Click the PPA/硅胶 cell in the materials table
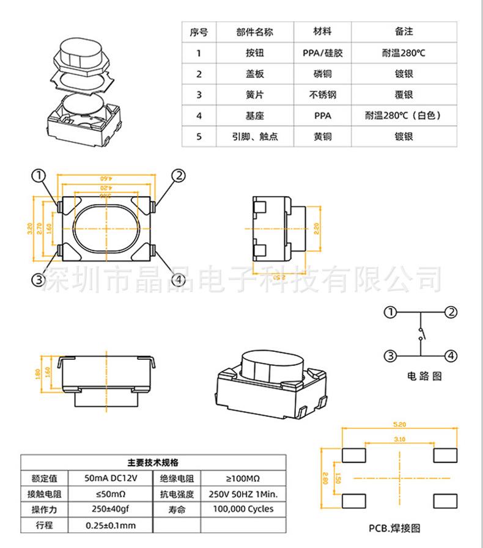322,53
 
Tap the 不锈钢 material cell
322,95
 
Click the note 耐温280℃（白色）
404,115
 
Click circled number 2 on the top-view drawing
177,176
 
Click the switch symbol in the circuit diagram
420,334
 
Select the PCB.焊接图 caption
394,528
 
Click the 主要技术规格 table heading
153,462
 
